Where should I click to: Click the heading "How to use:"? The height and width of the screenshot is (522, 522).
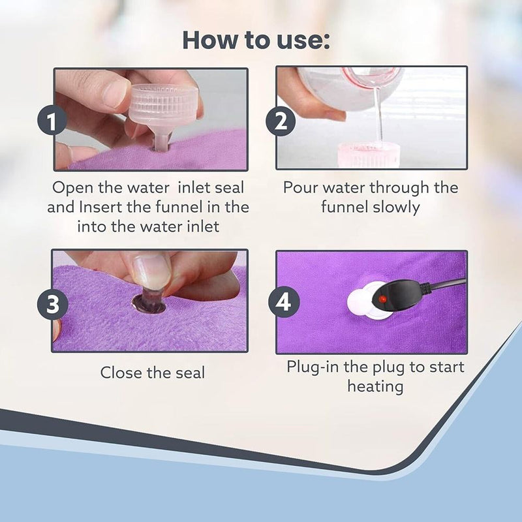click(x=256, y=40)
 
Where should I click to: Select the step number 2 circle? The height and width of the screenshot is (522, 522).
click(x=282, y=121)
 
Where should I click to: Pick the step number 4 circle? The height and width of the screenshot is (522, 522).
click(x=283, y=303)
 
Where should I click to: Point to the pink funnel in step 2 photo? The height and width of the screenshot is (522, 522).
click(x=368, y=155)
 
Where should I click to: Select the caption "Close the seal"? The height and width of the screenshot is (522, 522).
click(x=152, y=373)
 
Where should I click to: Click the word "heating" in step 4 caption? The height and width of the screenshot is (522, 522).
click(x=375, y=386)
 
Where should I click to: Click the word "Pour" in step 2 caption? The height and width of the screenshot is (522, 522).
click(x=300, y=188)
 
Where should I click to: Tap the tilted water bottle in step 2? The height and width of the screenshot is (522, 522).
click(x=352, y=85)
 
